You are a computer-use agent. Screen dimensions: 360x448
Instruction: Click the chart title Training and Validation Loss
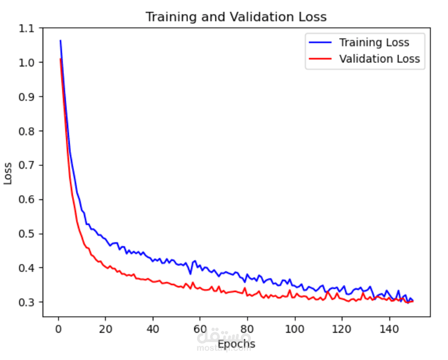click(x=236, y=16)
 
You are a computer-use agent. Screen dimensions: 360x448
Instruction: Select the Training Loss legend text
click(x=374, y=43)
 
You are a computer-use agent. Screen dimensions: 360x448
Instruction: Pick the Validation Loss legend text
click(x=379, y=58)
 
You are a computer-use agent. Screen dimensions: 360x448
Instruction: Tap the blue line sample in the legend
click(x=319, y=43)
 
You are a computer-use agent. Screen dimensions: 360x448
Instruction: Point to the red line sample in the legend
click(x=319, y=58)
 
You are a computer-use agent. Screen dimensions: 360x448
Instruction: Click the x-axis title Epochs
click(x=236, y=344)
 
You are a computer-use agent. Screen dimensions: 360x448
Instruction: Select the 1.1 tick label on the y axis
click(x=27, y=28)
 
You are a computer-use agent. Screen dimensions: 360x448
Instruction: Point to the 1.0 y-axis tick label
click(x=27, y=62)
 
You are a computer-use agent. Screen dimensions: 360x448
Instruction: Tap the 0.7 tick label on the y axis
click(x=27, y=165)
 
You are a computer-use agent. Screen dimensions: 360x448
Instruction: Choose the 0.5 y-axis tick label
click(x=27, y=233)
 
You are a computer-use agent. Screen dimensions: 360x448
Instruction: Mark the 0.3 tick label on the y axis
click(x=27, y=302)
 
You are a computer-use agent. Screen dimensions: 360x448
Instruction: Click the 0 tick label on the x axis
click(x=58, y=328)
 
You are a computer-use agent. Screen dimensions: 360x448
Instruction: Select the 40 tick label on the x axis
click(x=152, y=328)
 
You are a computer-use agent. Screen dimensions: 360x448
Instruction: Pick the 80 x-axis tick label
click(x=246, y=328)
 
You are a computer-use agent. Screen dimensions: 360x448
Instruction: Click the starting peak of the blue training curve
click(x=60, y=41)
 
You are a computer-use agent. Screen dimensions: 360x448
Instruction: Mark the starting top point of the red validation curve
click(x=60, y=59)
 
